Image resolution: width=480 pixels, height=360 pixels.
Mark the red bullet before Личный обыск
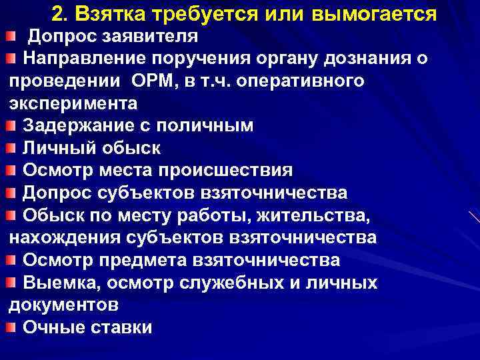tap(13, 147)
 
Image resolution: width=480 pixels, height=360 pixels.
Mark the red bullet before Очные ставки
tap(13, 327)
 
